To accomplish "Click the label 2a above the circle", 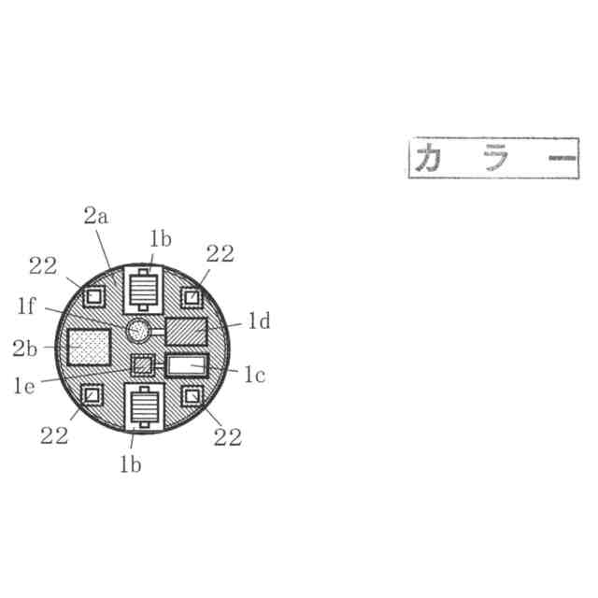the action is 96,216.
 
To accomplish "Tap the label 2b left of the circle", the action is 25,349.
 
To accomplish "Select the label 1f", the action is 26,306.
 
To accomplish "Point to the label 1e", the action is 24,386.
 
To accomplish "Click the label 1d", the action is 260,320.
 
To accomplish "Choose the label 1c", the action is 255,375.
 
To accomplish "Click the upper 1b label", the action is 161,239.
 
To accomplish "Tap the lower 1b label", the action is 131,464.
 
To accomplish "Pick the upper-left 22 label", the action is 43,265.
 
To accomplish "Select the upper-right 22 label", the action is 221,253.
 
